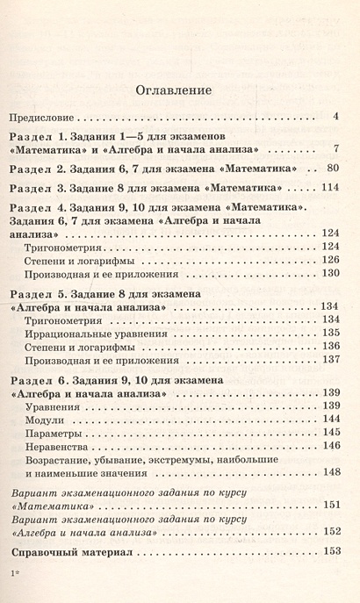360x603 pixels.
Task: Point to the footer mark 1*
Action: [13, 574]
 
